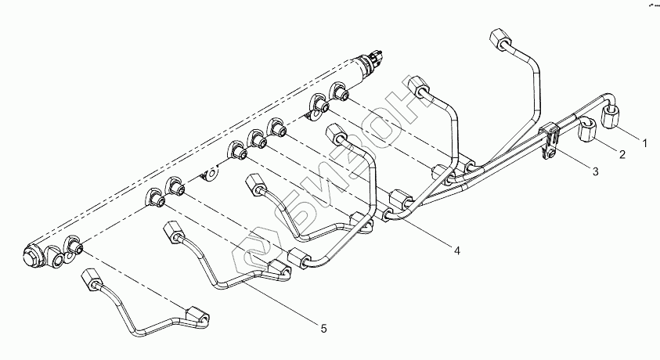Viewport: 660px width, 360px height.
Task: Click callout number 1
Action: coord(644,143)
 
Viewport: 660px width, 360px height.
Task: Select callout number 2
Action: coord(622,155)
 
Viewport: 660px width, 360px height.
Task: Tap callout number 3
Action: coord(595,170)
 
